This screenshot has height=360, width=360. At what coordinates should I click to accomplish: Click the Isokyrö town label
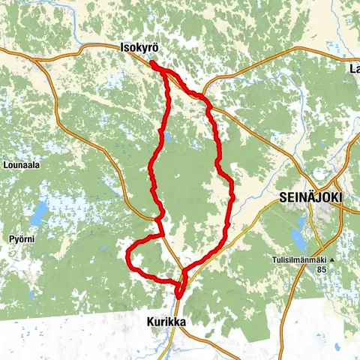(139, 48)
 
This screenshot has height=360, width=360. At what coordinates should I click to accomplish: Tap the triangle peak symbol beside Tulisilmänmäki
(331, 259)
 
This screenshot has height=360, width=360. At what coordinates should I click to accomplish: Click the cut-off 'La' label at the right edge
(354, 69)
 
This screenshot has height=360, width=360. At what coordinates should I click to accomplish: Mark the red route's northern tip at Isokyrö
(153, 64)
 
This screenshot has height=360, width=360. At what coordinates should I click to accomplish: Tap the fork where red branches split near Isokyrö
(166, 73)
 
